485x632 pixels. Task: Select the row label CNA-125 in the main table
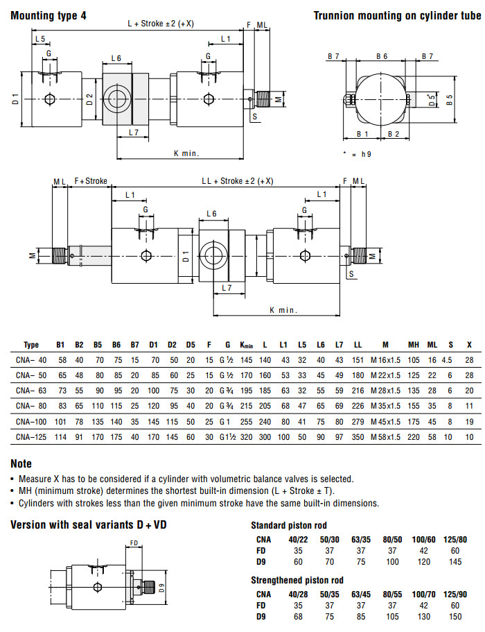point(31,437)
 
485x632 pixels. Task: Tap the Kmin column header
point(247,345)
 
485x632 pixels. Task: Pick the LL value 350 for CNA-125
point(358,437)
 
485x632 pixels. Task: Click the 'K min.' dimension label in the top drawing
point(186,153)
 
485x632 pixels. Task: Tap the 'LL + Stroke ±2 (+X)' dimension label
point(237,181)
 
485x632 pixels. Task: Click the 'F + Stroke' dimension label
point(91,181)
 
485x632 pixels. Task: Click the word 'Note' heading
point(21,463)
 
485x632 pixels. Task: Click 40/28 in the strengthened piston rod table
point(299,594)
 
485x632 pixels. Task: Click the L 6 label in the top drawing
point(116,58)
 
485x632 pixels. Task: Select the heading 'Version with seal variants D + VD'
point(89,525)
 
